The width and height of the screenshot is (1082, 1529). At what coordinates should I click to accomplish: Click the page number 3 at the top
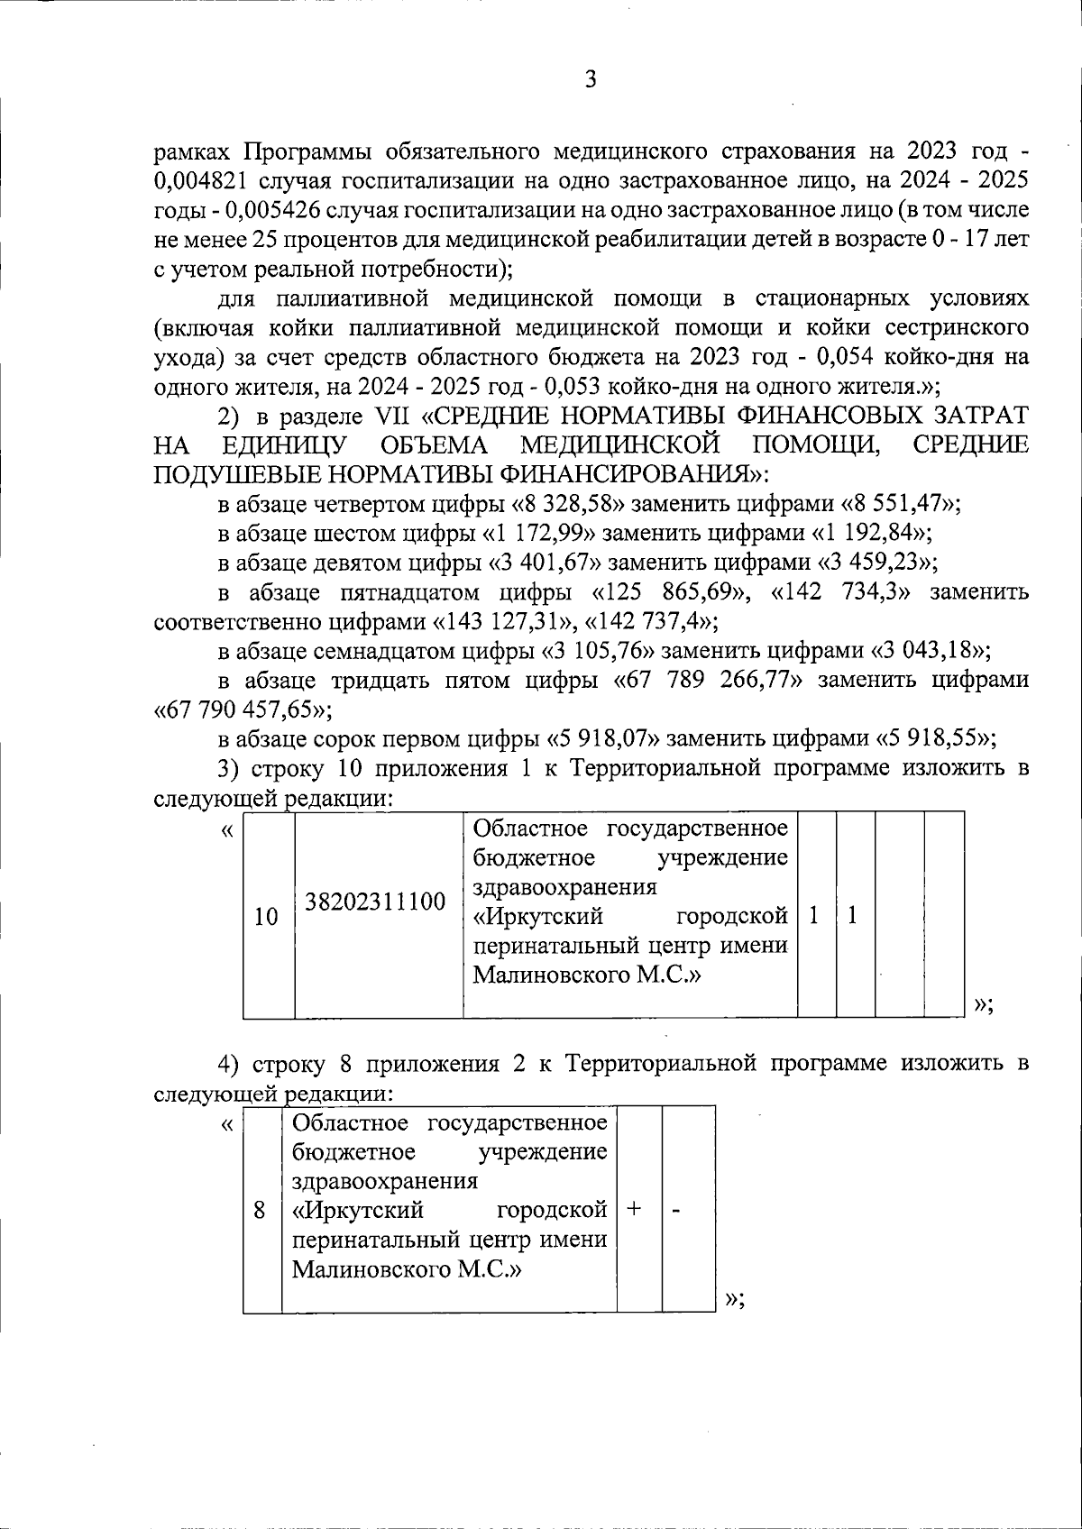click(590, 80)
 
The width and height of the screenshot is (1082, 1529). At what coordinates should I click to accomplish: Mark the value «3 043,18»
click(929, 651)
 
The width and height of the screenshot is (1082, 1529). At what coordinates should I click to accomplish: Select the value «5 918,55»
click(935, 739)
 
